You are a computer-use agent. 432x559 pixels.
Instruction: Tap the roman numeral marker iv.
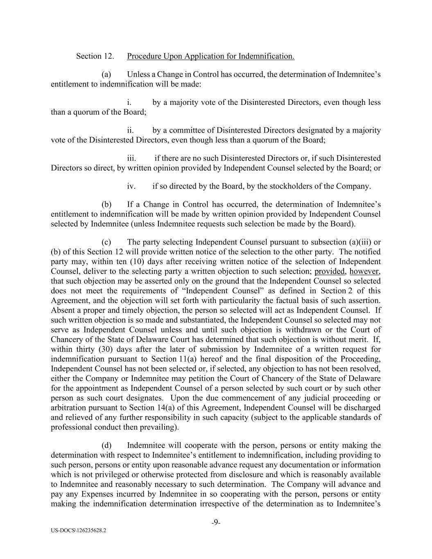coord(131,186)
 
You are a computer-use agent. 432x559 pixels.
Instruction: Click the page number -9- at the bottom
coord(216,523)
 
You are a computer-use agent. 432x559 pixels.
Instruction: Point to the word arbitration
coord(68,408)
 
